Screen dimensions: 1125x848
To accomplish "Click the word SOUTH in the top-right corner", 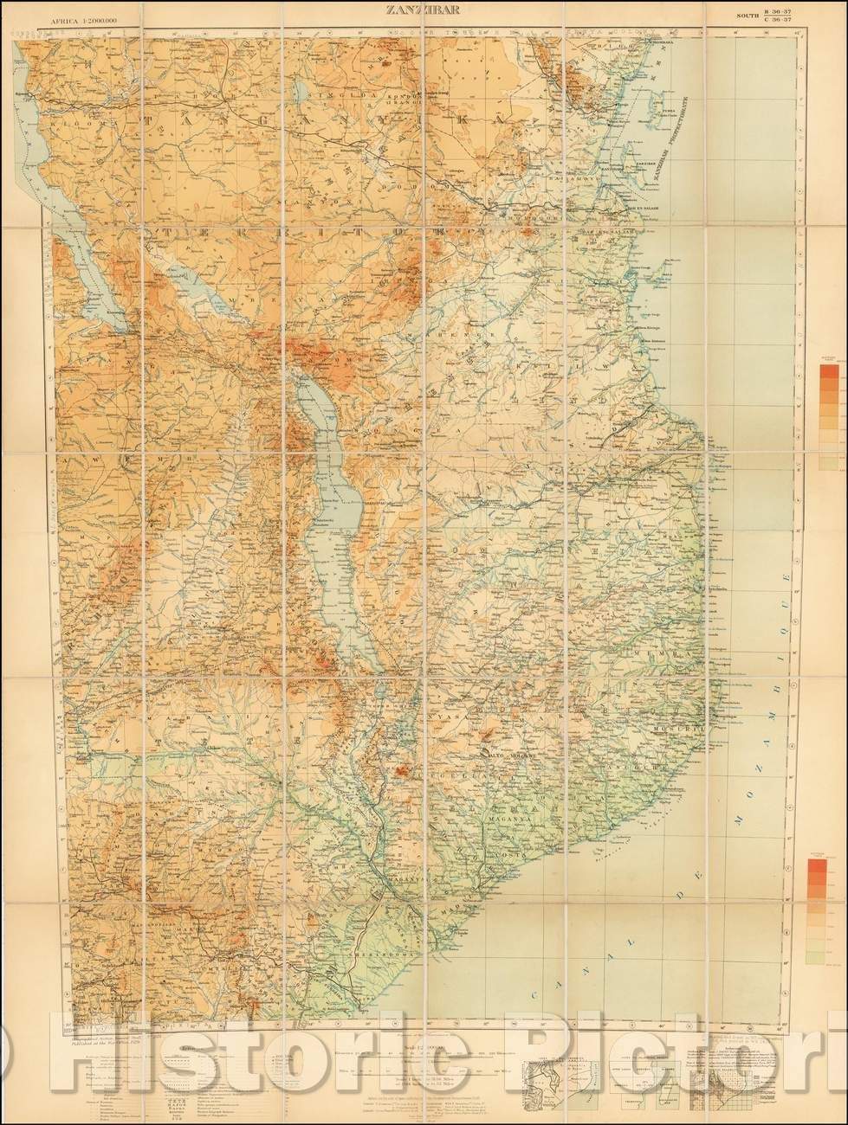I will [x=746, y=16].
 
